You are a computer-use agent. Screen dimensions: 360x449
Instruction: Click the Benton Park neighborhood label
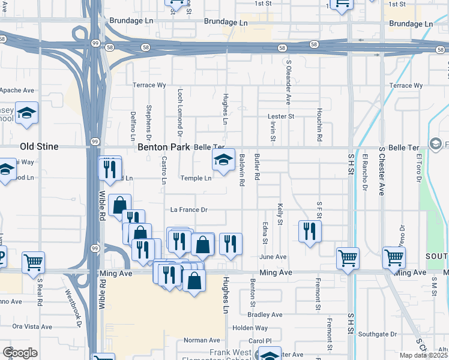pos(163,146)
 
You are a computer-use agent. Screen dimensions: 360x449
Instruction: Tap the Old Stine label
pos(39,146)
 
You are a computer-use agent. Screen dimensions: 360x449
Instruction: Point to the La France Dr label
pos(188,210)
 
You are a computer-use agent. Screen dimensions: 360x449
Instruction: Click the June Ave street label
pos(273,257)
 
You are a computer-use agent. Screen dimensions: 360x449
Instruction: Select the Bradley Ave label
pos(265,314)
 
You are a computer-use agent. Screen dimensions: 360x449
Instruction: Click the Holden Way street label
pos(250,328)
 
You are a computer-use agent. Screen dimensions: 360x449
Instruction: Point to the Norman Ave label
pos(197,340)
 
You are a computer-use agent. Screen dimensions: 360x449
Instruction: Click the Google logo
pos(20,353)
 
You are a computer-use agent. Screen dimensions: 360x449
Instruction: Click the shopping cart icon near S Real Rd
pos(33,261)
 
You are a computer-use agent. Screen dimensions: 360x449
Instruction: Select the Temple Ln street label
pos(196,178)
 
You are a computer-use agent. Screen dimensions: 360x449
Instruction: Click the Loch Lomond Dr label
pos(179,110)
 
